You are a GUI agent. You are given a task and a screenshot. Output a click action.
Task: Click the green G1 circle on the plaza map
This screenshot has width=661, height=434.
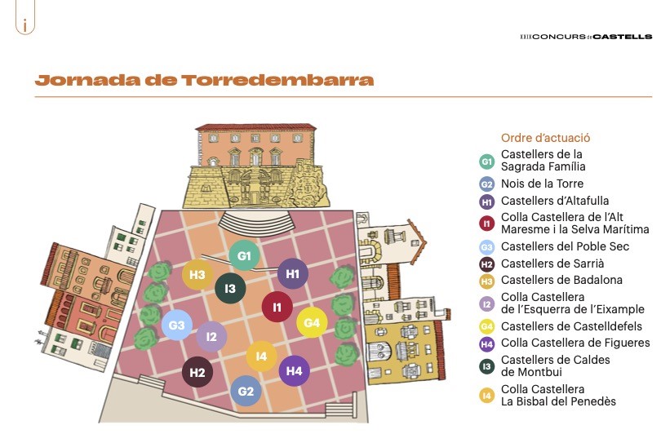point(244,256)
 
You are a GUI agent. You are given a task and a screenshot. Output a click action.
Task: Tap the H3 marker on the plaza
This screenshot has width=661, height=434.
point(197,275)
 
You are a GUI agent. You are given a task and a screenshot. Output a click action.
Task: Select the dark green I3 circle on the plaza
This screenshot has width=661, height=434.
point(231,289)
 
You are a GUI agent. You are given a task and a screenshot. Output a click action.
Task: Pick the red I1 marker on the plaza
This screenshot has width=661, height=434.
point(277,307)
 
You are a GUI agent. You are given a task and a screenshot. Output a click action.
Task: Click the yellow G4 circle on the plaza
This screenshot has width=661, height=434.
point(312,323)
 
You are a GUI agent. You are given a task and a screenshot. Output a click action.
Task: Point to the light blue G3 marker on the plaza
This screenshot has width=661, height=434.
point(177,325)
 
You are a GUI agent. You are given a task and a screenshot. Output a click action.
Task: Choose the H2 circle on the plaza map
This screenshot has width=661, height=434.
point(197,373)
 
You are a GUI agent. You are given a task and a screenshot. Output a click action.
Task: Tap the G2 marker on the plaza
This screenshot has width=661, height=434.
point(246,391)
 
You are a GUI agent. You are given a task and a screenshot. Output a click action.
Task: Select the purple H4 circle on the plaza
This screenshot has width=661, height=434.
point(295,370)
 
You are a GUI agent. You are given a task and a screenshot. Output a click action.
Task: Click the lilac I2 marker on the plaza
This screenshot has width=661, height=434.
point(211,336)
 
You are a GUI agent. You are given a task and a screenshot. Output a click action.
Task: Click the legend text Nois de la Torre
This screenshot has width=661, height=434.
point(542,184)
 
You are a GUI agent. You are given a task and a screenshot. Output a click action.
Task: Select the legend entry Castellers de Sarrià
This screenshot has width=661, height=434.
point(552,263)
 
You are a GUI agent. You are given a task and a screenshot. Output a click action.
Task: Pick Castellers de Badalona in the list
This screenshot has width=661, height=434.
point(561,280)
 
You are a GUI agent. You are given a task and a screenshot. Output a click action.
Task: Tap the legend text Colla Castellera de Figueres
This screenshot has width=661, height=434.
point(575,343)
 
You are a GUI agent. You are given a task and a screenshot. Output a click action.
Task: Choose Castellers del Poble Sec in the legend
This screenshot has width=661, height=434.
point(565,246)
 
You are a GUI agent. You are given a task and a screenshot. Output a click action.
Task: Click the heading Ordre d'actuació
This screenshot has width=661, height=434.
point(545,138)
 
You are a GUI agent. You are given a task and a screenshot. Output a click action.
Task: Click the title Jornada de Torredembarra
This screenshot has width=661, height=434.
point(204,80)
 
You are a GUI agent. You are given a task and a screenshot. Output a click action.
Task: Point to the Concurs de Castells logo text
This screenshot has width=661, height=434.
point(586,37)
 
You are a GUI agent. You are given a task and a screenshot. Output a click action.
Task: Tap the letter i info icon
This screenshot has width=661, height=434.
point(25,25)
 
